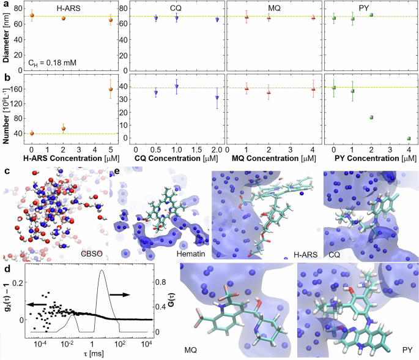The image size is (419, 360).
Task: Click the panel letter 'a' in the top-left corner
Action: click(4, 5)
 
